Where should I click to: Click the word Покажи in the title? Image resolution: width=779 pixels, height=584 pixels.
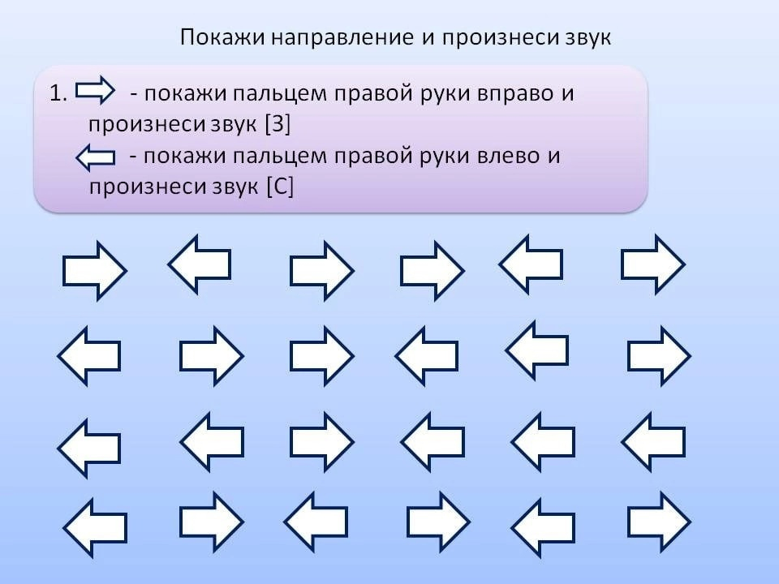click(222, 36)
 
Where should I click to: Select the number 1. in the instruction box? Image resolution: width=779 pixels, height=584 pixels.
click(58, 92)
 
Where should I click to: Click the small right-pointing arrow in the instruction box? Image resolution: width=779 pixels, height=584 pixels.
click(95, 90)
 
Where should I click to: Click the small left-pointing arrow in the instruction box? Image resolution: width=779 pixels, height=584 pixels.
click(96, 157)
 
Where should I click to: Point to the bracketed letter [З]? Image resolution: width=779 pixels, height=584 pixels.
click(278, 124)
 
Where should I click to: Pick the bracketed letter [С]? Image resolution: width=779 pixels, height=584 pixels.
click(280, 187)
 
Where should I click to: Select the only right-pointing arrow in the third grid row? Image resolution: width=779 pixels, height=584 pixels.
click(322, 441)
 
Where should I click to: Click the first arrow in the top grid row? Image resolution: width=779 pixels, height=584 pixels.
click(95, 271)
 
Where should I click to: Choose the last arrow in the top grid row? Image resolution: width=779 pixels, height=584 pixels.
click(653, 264)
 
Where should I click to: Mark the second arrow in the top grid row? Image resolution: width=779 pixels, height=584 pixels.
click(200, 264)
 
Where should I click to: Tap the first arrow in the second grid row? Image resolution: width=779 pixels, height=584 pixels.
click(89, 355)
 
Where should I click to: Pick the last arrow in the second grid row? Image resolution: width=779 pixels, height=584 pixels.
click(659, 355)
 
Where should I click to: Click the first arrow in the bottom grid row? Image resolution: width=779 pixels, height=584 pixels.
click(95, 527)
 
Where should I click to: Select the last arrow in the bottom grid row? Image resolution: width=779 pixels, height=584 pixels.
click(659, 522)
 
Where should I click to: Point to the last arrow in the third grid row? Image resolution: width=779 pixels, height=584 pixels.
click(653, 441)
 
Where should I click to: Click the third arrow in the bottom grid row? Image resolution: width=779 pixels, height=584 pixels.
click(316, 522)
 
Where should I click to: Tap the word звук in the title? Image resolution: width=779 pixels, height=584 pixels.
click(588, 38)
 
